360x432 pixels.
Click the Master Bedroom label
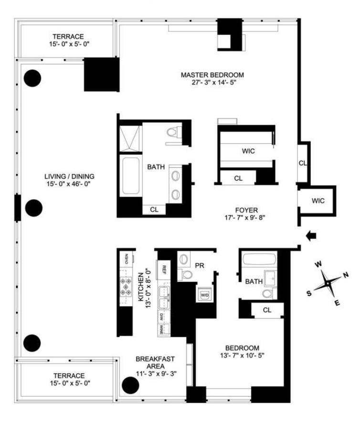pyautogui.click(x=212, y=75)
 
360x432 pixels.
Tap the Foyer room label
pyautogui.click(x=246, y=210)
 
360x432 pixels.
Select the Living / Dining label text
pyautogui.click(x=69, y=176)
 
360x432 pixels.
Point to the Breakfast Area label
pyautogui.click(x=155, y=363)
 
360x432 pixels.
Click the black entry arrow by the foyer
pyautogui.click(x=311, y=236)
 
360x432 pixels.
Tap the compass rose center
pyautogui.click(x=328, y=283)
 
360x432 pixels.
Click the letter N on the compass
pyautogui.click(x=346, y=275)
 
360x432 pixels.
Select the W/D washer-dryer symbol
pyautogui.click(x=205, y=295)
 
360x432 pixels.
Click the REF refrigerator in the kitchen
pyautogui.click(x=163, y=270)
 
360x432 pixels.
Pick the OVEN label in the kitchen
pyautogui.click(x=127, y=259)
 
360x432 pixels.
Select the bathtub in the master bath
pyautogui.click(x=131, y=175)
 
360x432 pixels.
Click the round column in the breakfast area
pyautogui.click(x=130, y=386)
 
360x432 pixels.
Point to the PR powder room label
pyautogui.click(x=200, y=266)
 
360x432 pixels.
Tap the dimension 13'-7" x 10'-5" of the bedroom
pyautogui.click(x=242, y=356)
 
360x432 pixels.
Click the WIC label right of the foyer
pyautogui.click(x=318, y=201)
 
